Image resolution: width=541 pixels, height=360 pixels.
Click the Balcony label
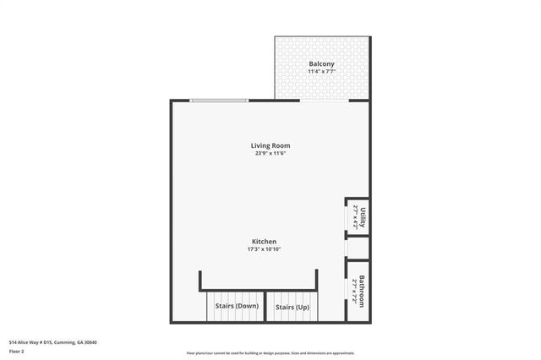click(321, 64)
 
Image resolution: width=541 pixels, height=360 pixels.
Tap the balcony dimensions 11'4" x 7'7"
click(321, 73)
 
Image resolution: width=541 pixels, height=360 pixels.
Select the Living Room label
click(270, 146)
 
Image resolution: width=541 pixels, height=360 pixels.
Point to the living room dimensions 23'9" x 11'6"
click(270, 154)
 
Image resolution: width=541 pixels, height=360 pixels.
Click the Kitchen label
click(262, 242)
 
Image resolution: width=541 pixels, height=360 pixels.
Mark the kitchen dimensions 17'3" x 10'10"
click(263, 249)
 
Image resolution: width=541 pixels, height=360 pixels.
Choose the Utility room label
click(363, 217)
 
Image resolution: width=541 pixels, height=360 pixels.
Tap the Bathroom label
click(362, 291)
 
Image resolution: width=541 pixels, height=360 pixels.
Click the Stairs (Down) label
click(237, 307)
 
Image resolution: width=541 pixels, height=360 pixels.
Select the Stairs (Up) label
click(292, 307)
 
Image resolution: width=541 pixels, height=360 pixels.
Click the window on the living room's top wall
click(219, 101)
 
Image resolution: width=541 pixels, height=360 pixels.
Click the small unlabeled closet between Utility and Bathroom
click(358, 248)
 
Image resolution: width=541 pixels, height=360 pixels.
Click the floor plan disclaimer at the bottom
click(270, 353)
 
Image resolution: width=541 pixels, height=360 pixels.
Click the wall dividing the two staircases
click(265, 307)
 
